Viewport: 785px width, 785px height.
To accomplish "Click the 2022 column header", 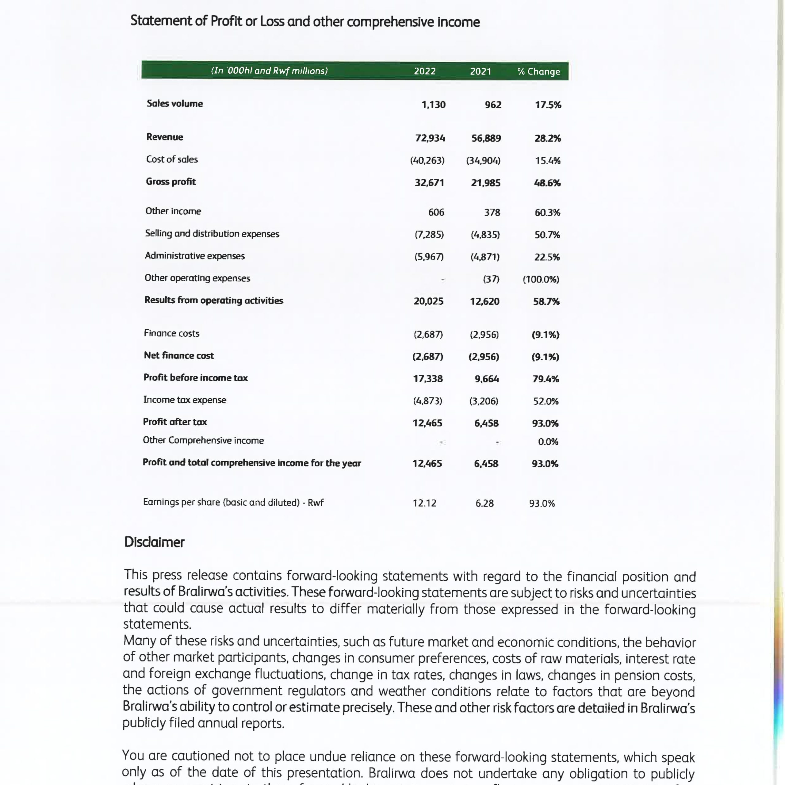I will (425, 71).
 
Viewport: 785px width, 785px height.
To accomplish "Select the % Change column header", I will (538, 71).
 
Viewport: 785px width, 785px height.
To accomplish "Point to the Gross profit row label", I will (171, 182).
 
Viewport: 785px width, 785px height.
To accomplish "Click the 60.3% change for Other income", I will (547, 213).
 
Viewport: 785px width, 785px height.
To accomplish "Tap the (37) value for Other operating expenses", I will (491, 279).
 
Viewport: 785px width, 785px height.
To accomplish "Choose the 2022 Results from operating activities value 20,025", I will (428, 301).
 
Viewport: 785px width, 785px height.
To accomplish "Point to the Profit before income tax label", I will (195, 377).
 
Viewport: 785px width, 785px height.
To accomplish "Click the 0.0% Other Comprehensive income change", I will (548, 442).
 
